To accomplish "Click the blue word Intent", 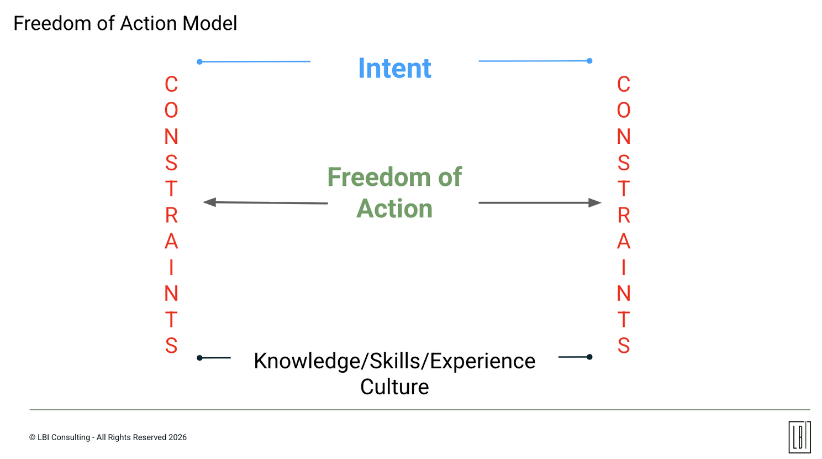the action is point(394,69).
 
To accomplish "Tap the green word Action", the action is point(394,209).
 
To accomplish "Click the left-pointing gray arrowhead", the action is point(210,202).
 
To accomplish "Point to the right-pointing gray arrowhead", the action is point(594,202).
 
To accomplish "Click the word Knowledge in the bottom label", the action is point(306,361).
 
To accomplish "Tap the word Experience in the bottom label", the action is point(482,361).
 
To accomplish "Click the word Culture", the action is point(394,387).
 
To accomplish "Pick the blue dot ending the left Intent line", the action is point(200,61).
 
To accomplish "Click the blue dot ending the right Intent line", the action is point(589,61).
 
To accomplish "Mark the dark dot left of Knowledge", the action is point(200,358).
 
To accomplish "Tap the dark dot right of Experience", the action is point(589,357).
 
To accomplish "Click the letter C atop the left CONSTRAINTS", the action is point(171,85).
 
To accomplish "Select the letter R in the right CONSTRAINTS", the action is point(624,215).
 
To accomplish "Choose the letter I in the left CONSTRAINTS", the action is point(171,268).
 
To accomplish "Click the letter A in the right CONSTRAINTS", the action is point(624,242).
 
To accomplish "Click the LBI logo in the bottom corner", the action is point(799,437).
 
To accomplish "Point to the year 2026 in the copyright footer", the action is point(177,437).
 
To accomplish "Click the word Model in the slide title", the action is point(210,23).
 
